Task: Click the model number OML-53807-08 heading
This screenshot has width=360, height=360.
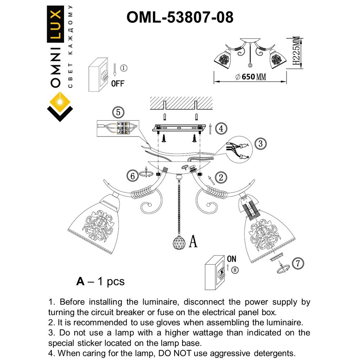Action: tap(180, 17)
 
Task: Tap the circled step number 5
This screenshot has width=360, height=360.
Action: tap(117, 112)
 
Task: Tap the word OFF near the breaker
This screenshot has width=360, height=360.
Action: tap(117, 84)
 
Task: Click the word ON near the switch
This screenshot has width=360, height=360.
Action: tap(231, 259)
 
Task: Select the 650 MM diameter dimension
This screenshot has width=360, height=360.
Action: tap(251, 77)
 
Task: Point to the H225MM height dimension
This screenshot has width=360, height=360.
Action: tap(296, 52)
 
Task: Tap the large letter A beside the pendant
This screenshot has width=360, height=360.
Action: tap(193, 241)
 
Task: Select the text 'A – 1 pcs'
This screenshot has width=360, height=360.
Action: tap(100, 281)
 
